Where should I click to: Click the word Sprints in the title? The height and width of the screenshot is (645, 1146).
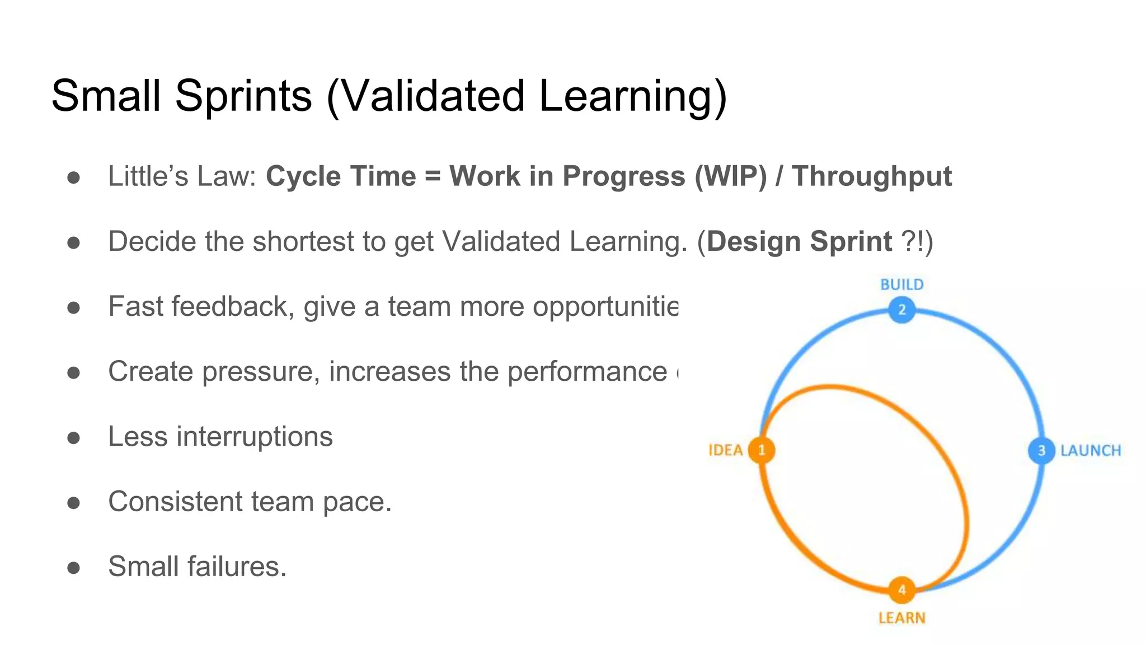tap(243, 96)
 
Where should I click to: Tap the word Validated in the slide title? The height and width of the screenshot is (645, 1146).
tap(432, 96)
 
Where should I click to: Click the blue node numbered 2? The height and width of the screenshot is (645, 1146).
tap(901, 310)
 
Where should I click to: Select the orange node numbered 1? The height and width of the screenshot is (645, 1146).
tap(762, 450)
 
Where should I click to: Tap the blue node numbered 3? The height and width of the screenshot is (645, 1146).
tap(1041, 450)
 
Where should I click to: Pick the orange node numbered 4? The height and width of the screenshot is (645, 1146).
tap(901, 590)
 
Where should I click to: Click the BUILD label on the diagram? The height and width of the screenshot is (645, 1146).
tap(901, 284)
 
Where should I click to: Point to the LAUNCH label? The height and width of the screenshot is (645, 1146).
tap(1091, 451)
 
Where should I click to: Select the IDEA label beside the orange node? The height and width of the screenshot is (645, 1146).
tap(725, 450)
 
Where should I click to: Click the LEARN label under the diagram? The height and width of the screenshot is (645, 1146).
tap(901, 618)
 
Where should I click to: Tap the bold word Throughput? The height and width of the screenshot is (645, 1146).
tap(871, 176)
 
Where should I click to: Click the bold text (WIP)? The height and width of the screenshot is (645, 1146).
tap(730, 176)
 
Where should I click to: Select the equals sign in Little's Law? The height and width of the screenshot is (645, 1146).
tap(433, 176)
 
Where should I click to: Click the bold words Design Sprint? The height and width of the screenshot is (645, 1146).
tap(799, 242)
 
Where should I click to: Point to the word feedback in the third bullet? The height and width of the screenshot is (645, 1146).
tap(233, 307)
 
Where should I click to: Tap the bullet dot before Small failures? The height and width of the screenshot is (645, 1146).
tap(73, 568)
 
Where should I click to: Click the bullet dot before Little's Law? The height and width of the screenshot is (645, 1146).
tap(73, 177)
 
